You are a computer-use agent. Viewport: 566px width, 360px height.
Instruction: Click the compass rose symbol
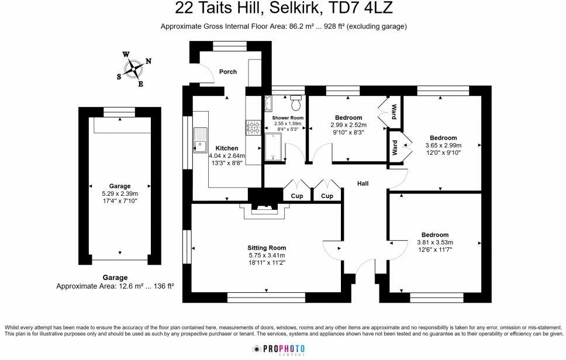coord(135,69)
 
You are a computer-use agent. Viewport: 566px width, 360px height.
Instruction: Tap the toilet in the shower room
coord(296,103)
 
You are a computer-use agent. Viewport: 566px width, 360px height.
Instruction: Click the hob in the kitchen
coord(254,127)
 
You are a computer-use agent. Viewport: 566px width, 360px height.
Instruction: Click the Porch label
coord(228,72)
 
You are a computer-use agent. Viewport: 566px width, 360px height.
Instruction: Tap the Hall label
coord(363,184)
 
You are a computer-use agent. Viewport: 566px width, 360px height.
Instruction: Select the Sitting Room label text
coord(266,248)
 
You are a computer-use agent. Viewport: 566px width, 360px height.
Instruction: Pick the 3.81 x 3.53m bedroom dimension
coord(435,243)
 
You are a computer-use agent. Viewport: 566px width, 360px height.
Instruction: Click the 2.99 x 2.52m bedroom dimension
coord(348,125)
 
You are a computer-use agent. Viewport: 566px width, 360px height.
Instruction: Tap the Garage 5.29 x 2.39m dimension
coord(120,194)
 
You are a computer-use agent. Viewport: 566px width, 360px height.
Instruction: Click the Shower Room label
coord(287,118)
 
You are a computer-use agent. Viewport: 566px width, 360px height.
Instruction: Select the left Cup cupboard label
coord(297,196)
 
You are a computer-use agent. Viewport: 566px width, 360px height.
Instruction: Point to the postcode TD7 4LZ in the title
coord(361,8)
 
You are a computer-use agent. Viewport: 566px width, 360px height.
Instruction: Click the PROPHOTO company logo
coord(278,349)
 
